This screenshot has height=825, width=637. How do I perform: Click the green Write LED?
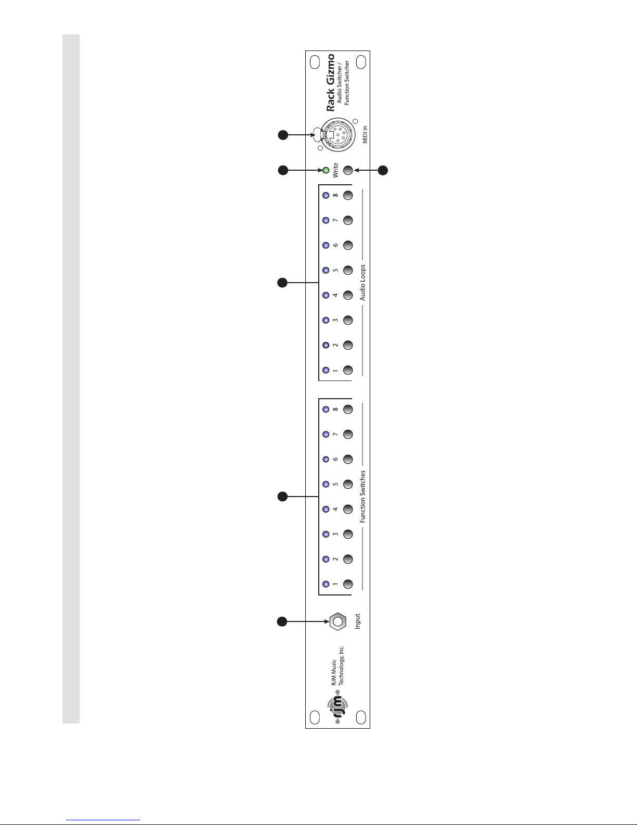pos(326,171)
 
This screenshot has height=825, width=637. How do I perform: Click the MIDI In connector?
pos(337,135)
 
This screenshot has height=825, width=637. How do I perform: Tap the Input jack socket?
pos(337,621)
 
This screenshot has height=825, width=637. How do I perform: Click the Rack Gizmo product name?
pos(330,83)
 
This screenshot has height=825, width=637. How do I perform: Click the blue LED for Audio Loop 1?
pos(326,370)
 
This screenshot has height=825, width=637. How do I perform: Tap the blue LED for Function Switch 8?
pos(326,409)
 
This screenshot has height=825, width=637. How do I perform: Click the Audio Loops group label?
pos(363,283)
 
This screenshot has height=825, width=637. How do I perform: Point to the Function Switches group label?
pos(363,497)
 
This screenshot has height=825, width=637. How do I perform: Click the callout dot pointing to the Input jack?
pos(282,621)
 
